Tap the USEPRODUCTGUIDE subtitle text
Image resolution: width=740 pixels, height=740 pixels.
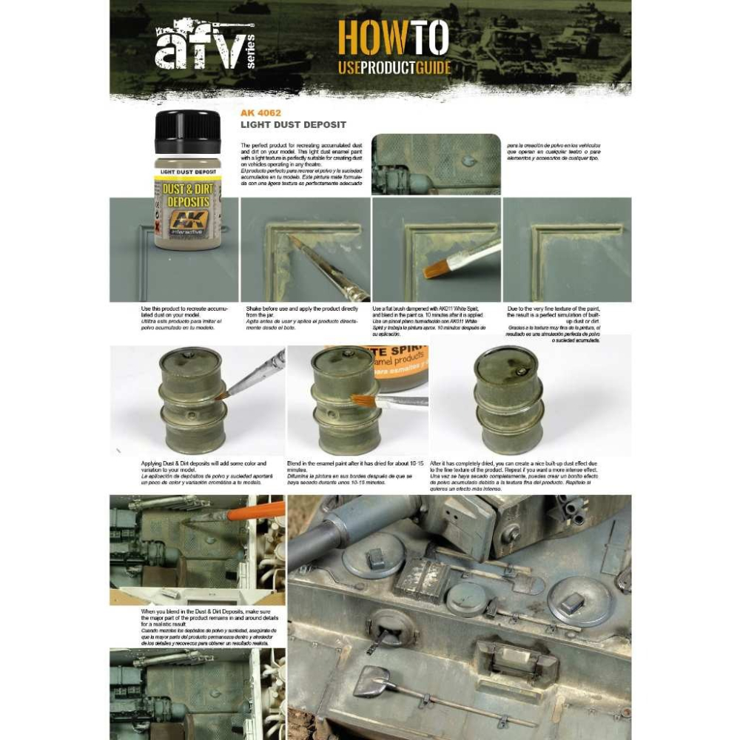394,70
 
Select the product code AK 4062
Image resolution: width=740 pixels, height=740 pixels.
260,113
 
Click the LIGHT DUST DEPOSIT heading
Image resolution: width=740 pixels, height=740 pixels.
293,125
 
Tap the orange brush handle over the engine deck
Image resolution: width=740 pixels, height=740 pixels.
256,511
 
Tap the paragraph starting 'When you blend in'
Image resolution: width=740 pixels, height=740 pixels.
197,626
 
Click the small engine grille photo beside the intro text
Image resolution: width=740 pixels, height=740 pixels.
435,164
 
